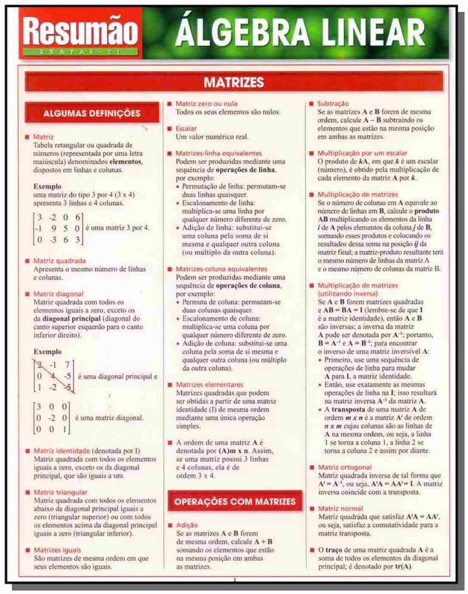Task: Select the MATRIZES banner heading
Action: tap(234, 80)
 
